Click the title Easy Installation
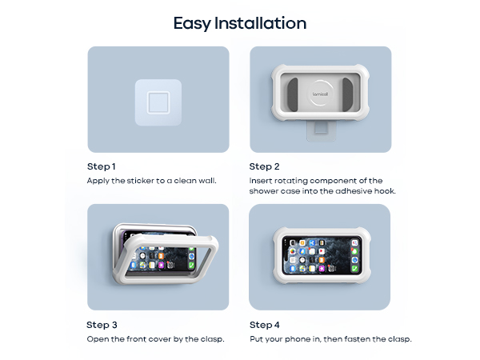click(x=240, y=23)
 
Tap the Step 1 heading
click(x=102, y=166)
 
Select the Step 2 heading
click(x=264, y=166)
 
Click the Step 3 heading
click(x=102, y=325)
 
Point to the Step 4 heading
click(x=265, y=325)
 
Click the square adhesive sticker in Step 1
click(x=158, y=102)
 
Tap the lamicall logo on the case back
click(x=320, y=94)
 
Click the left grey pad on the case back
click(x=293, y=94)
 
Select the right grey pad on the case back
click(x=347, y=94)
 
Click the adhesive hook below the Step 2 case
click(x=321, y=131)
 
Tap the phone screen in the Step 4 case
click(x=321, y=255)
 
